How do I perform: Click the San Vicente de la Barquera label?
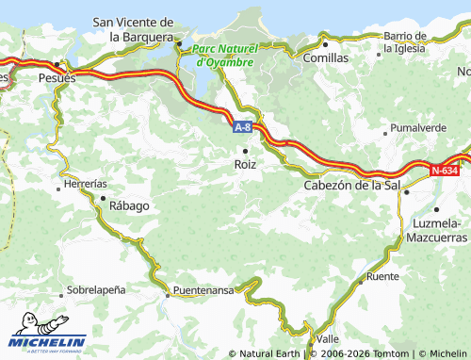point(133,29)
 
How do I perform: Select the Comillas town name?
point(325,57)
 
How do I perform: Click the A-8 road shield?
point(242,124)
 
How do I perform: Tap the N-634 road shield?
point(445,171)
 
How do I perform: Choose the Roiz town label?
point(244,164)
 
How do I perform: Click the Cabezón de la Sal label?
point(354,186)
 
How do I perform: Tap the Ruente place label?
point(382,276)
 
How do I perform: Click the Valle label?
point(328,338)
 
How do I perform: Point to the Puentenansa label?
point(202,290)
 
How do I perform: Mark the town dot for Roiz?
point(245,150)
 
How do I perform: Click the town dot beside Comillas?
point(325,43)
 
